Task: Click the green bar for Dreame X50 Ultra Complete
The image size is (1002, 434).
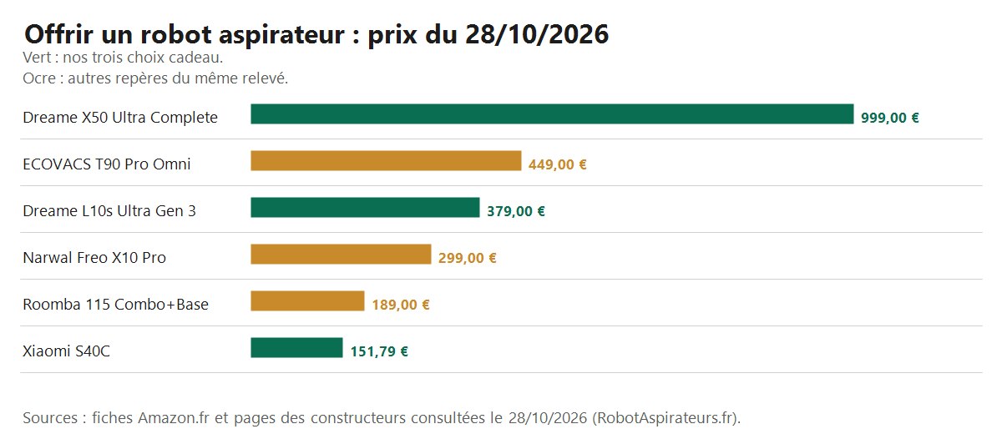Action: tap(552, 114)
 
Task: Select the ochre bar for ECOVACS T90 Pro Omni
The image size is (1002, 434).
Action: tap(386, 161)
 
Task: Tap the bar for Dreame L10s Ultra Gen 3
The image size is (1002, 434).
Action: tap(365, 207)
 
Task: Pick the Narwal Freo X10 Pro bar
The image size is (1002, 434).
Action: tap(341, 255)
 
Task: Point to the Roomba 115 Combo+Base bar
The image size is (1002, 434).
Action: tap(308, 300)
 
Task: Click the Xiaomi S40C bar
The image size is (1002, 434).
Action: tap(296, 348)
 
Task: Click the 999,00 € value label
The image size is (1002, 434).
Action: tap(890, 118)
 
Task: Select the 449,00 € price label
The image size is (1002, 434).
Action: tap(558, 164)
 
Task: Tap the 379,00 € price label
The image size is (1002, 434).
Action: tap(516, 211)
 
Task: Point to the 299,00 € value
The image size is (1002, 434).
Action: tap(467, 258)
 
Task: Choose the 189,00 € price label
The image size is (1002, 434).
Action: tap(401, 305)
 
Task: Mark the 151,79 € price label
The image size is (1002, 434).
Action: tap(379, 351)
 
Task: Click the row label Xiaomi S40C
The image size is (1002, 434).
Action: tap(66, 351)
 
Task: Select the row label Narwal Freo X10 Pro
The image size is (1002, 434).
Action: tap(94, 258)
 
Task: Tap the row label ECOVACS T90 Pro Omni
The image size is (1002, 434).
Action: tap(107, 164)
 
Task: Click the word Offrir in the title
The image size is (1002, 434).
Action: tap(58, 34)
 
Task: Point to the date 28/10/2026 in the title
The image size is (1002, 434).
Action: tap(537, 34)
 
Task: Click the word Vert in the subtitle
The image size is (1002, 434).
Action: tap(37, 58)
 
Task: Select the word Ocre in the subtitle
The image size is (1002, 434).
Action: tap(39, 78)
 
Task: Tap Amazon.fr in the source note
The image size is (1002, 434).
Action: tap(174, 418)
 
